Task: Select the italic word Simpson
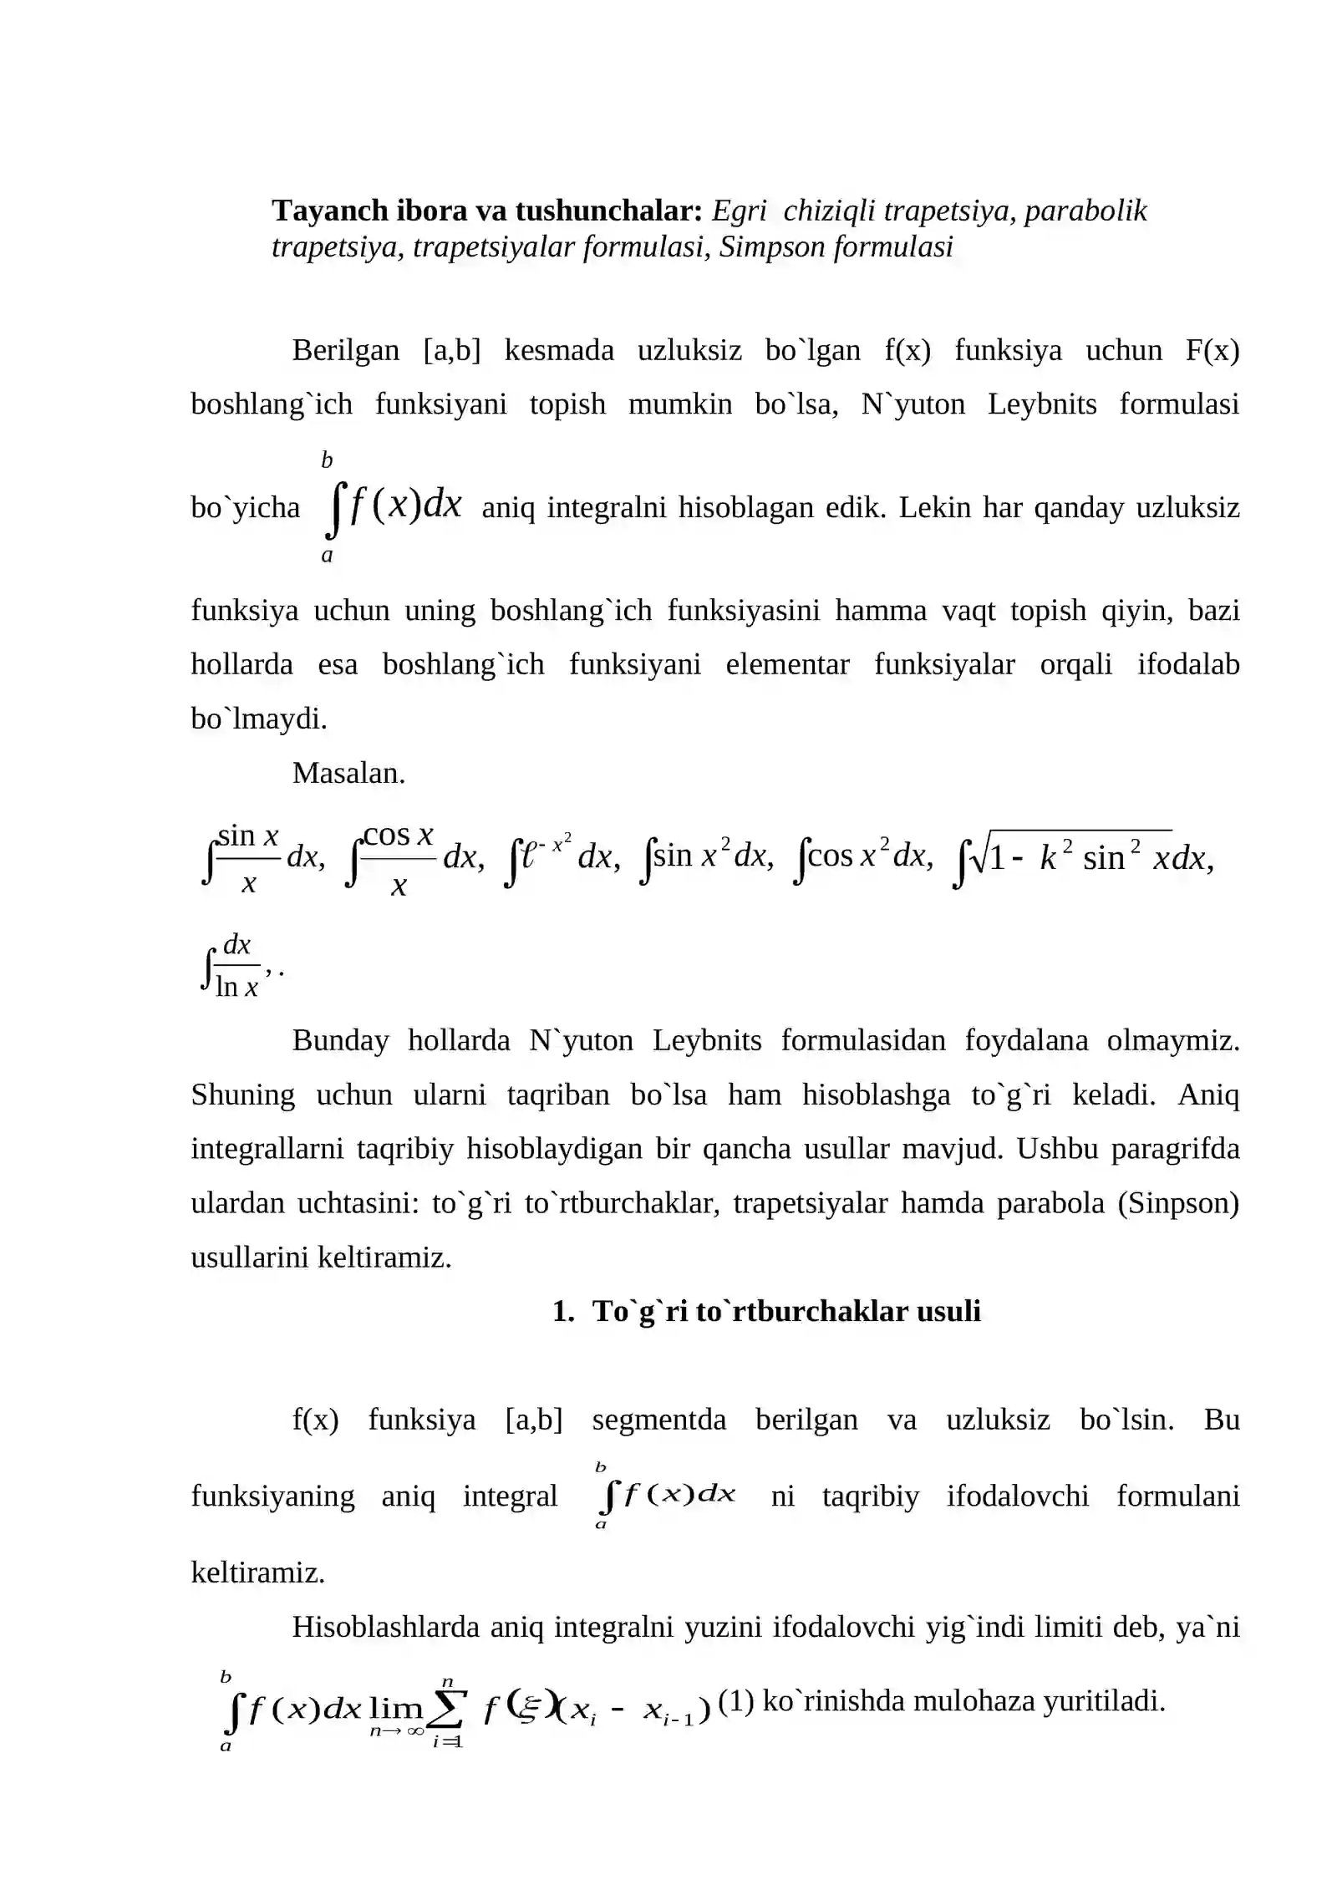[771, 247]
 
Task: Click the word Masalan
[348, 773]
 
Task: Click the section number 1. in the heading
[563, 1311]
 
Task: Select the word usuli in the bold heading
[948, 1311]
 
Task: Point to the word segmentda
[658, 1420]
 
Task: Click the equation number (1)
[735, 1701]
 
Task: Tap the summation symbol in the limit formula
[446, 1710]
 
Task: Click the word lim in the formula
[395, 1706]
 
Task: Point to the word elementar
[787, 664]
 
